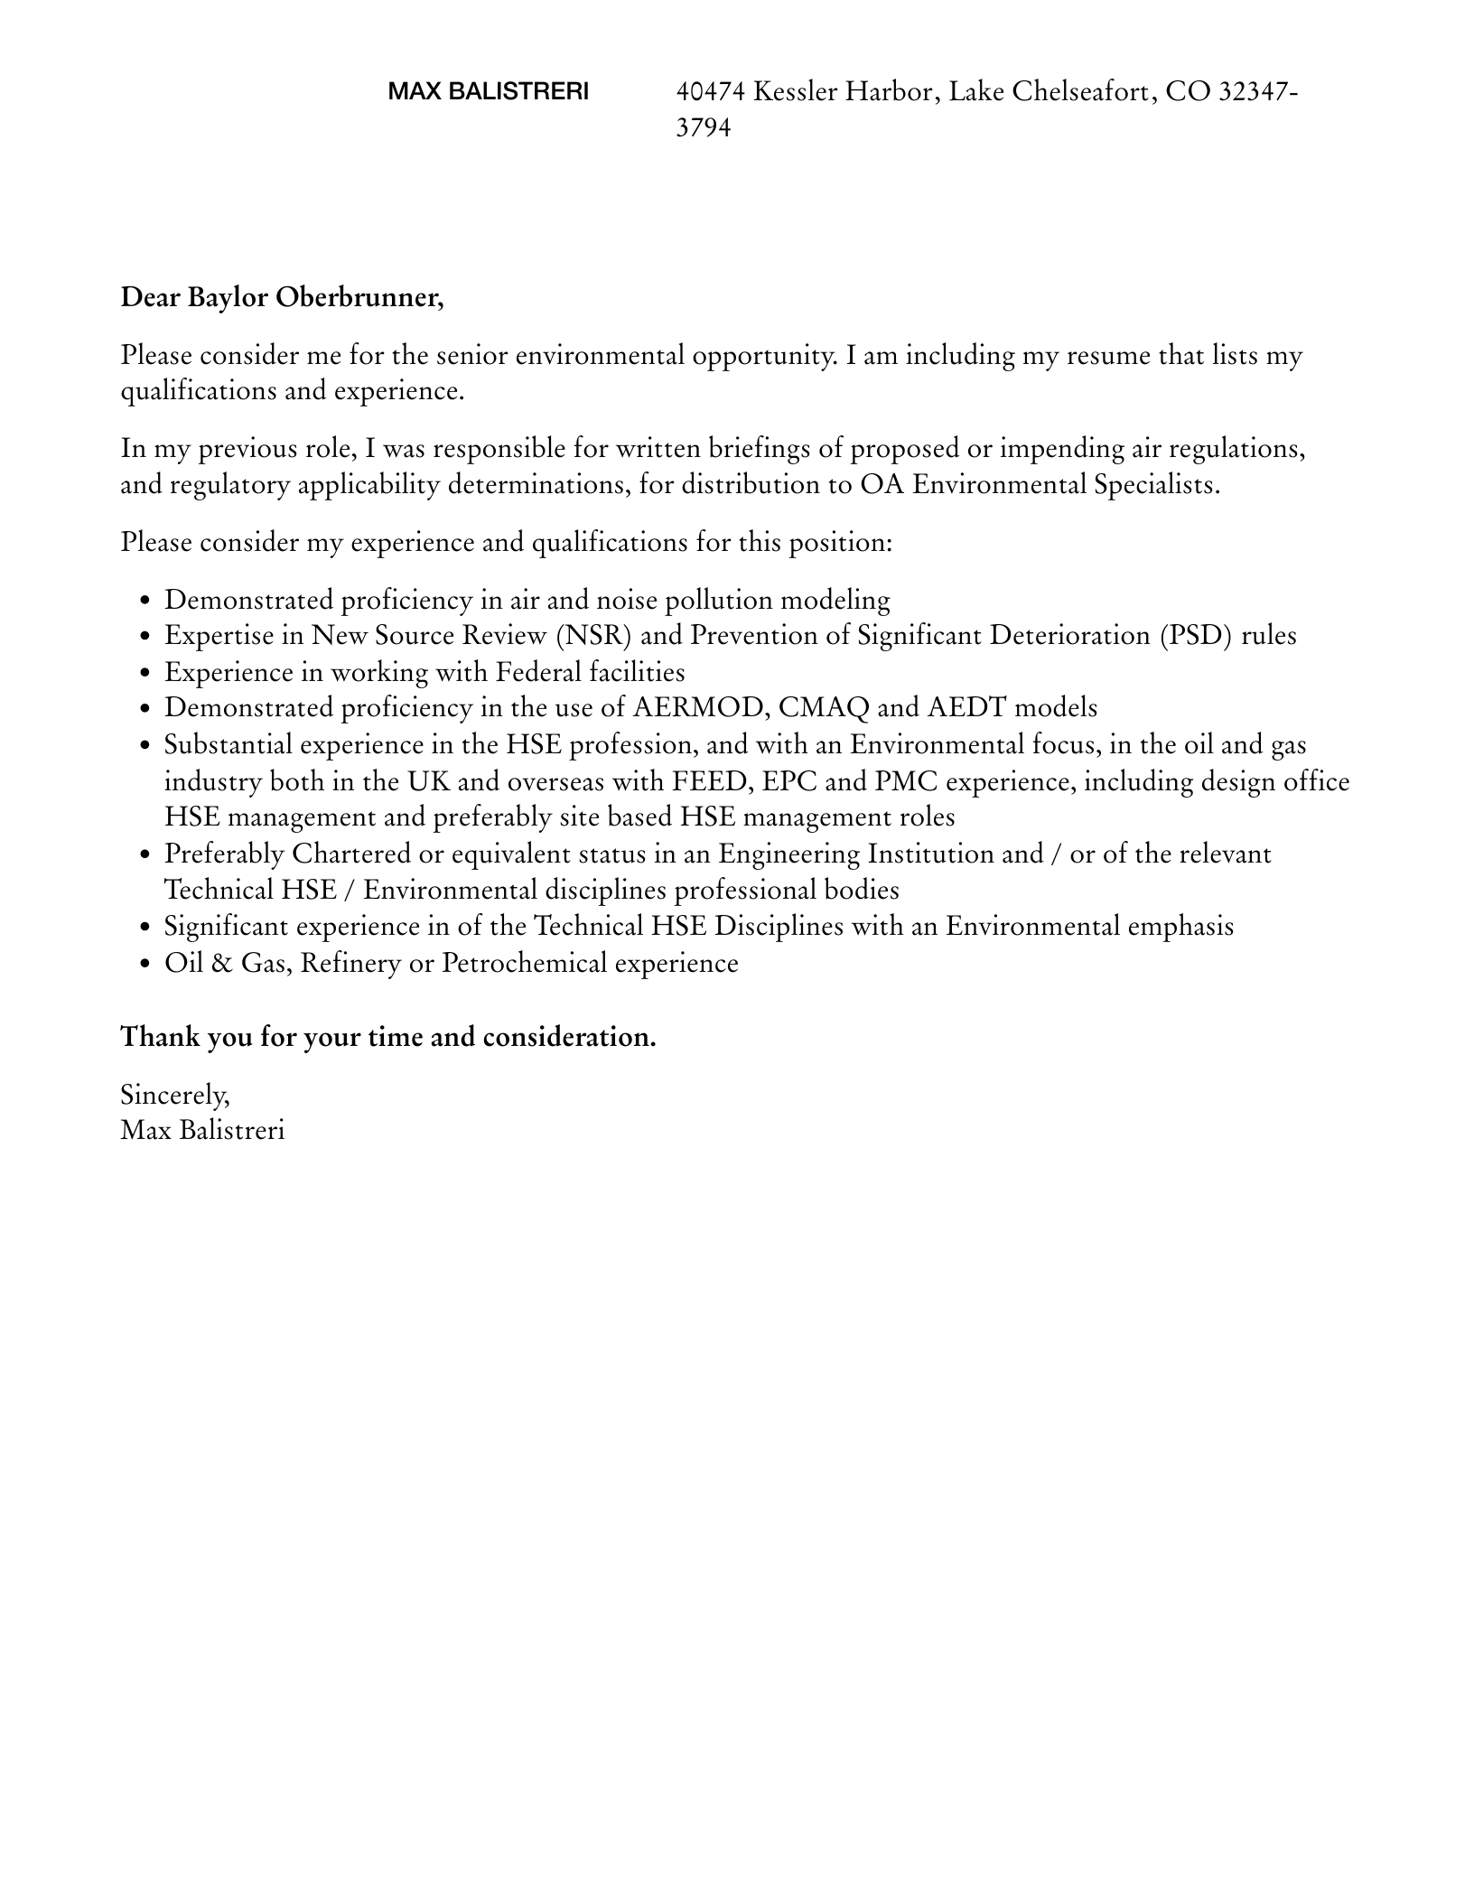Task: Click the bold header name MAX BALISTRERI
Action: pos(488,91)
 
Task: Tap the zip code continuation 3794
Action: pos(704,127)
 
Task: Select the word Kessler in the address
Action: pos(794,91)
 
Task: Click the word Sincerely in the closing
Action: pos(174,1095)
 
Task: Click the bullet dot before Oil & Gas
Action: pos(145,965)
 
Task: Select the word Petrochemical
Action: pos(524,964)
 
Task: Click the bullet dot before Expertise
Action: pos(145,637)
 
